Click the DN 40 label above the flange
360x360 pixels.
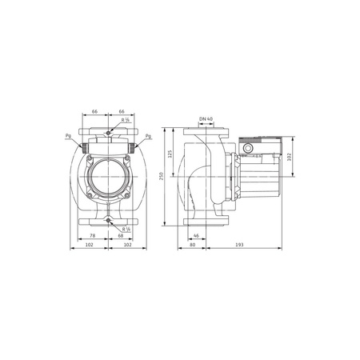coord(206,119)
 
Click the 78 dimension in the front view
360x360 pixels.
coord(92,235)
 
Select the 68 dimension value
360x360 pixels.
coord(120,235)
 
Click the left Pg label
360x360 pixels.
coord(67,136)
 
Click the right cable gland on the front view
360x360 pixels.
coord(132,146)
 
